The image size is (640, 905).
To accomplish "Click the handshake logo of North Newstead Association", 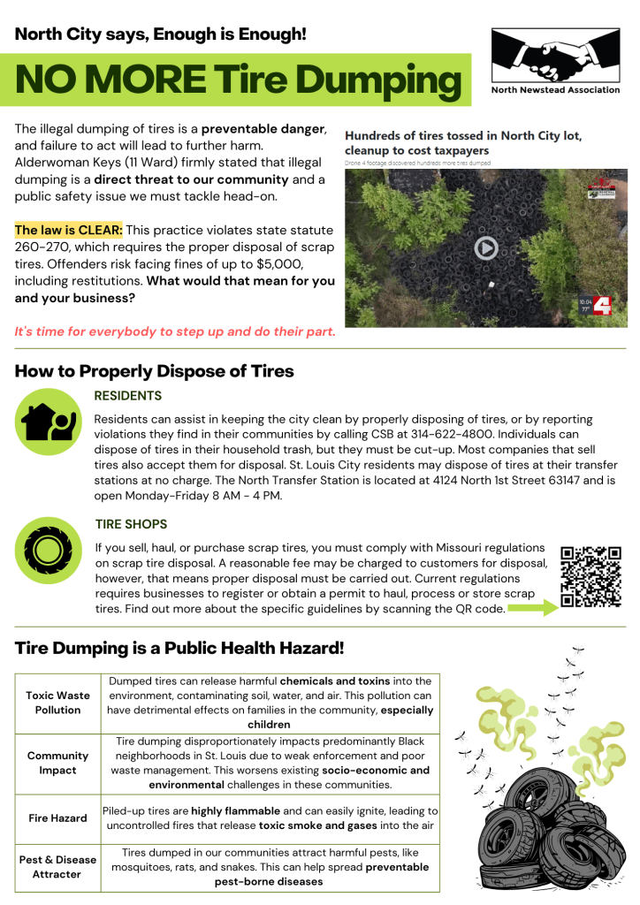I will click(555, 57).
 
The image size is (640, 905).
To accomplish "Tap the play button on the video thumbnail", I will click(485, 248).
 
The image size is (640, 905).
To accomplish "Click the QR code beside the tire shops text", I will click(591, 577).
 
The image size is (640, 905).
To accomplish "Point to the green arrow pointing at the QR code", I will click(532, 608).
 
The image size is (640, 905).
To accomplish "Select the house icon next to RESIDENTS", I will click(49, 422).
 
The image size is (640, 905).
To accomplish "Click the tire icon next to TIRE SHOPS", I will click(49, 551).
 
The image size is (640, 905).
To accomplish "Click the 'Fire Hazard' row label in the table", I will click(57, 818).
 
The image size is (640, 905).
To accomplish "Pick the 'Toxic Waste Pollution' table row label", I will click(57, 703).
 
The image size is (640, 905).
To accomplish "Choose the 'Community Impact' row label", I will click(57, 763).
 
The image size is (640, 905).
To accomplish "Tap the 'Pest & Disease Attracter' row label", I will click(57, 866).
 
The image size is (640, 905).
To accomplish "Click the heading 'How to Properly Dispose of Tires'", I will click(154, 370).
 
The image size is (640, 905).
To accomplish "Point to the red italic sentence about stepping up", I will click(175, 332).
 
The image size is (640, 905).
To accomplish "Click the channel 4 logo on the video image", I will click(602, 307).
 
